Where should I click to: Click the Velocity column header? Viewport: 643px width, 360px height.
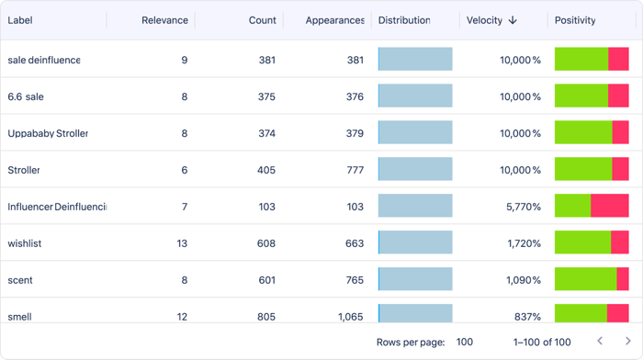pos(484,20)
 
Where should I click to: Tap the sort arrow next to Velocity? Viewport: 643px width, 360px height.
pos(513,20)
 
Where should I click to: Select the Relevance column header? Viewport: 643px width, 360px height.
pos(164,20)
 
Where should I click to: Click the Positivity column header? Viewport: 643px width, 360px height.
pos(575,20)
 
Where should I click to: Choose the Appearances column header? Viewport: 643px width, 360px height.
pos(334,20)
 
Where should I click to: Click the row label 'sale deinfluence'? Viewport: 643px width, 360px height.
pos(44,60)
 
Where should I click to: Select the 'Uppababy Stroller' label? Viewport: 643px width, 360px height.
pos(48,133)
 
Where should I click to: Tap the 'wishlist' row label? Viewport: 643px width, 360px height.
pos(25,243)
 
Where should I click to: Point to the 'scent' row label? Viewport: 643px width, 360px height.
pos(21,280)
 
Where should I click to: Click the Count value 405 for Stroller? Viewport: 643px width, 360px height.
pos(266,170)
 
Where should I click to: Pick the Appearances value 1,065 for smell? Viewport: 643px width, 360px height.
pos(350,317)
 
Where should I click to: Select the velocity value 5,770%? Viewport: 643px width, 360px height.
pos(523,207)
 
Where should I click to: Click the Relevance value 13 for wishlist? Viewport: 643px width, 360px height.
pos(182,243)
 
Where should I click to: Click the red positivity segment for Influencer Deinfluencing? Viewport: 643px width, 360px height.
pos(609,206)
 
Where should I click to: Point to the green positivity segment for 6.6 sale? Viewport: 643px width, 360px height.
pos(581,96)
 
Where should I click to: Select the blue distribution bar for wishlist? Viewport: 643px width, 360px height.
pos(415,242)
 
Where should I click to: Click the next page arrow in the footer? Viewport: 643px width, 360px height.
pos(627,342)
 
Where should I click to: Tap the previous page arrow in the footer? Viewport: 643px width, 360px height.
pos(600,342)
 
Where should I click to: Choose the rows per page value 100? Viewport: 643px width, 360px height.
pos(465,342)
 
